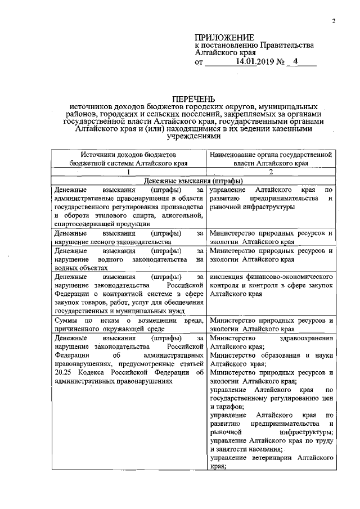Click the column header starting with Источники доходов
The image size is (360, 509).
tap(129, 157)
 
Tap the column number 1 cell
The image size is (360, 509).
tap(129, 172)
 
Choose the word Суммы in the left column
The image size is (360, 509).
tap(67, 320)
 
